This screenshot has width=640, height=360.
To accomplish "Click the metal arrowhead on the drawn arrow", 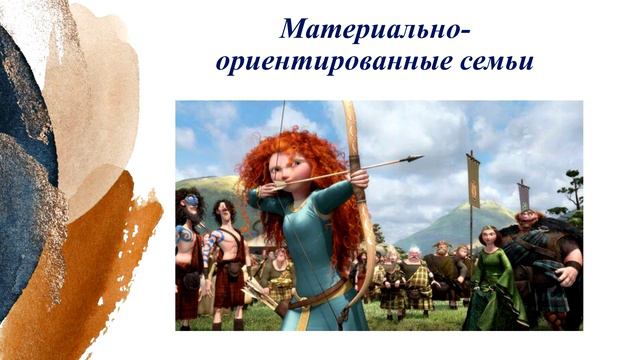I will tap(412, 158).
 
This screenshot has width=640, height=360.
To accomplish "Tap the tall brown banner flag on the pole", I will tap(473, 181).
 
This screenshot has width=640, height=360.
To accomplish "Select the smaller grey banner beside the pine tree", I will tap(523, 195).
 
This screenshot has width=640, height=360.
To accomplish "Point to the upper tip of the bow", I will tap(346, 104).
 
